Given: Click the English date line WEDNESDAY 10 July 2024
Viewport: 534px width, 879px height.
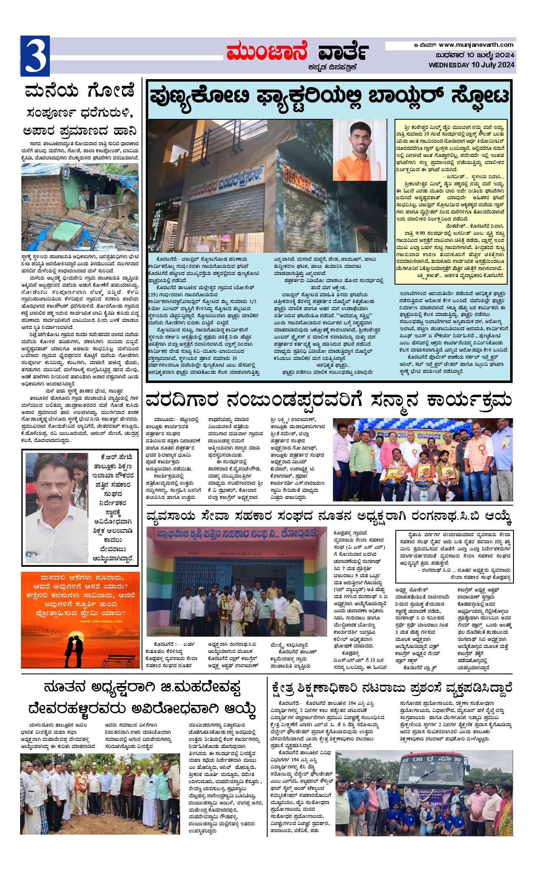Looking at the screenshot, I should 472,64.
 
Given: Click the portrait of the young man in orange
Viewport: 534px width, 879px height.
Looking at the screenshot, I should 360,149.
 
